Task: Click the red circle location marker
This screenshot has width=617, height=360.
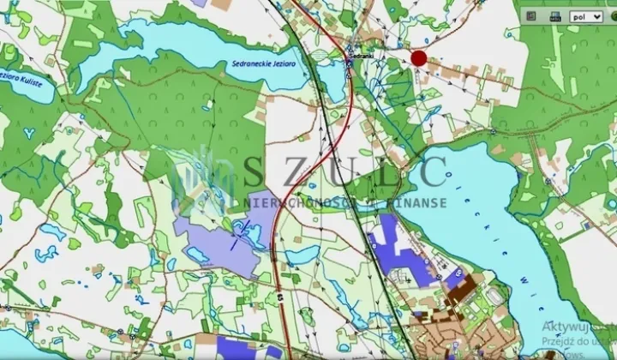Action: pos(418,58)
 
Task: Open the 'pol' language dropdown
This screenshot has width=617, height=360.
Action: pos(586,16)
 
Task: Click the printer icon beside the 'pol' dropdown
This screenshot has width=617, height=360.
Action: pos(554,16)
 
